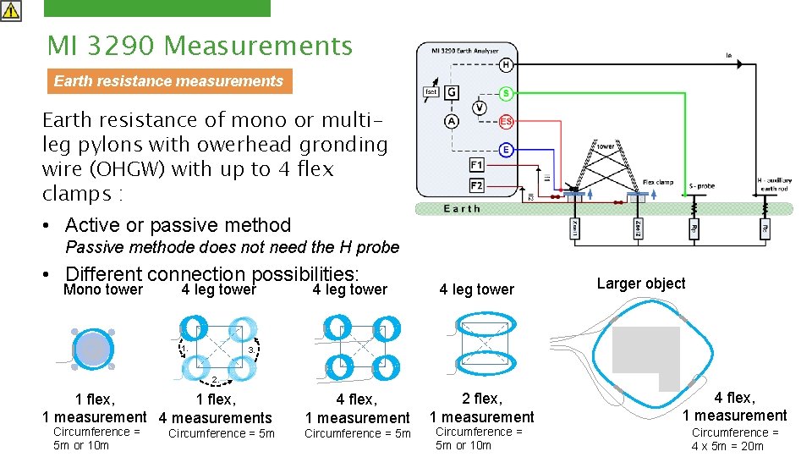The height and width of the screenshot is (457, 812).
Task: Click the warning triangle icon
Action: (11, 10)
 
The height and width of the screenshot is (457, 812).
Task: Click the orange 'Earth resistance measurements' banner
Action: (168, 81)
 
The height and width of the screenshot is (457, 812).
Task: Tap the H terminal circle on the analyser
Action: (506, 64)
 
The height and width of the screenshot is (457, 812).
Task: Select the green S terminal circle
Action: (506, 92)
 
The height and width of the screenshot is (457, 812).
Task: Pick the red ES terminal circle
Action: (506, 122)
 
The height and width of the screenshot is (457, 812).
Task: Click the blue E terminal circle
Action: (506, 150)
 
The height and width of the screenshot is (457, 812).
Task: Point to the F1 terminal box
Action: (477, 165)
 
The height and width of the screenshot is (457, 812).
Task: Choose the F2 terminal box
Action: (477, 184)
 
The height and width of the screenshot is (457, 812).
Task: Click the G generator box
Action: (453, 91)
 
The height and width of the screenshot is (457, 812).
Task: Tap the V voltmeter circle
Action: (479, 107)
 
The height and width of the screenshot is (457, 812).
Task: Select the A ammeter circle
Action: (453, 122)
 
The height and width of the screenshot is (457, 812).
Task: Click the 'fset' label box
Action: (431, 91)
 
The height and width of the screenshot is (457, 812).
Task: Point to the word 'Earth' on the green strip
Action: (462, 208)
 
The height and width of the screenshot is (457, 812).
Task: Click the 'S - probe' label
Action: (701, 184)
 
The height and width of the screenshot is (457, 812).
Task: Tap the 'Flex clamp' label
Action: (658, 182)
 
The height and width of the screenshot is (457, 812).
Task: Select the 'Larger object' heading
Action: (641, 284)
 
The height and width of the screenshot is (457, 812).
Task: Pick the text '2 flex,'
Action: (481, 399)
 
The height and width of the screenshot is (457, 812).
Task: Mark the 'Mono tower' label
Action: (103, 289)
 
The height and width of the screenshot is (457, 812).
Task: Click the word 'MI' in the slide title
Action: (62, 46)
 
